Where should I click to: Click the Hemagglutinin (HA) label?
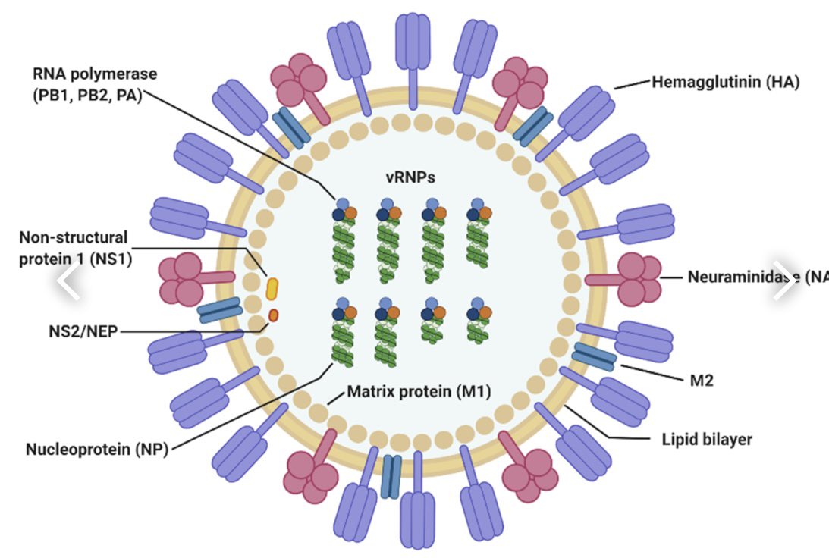coord(725,82)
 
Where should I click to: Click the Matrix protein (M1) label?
coord(419,392)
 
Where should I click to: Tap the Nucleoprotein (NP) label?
coord(96,449)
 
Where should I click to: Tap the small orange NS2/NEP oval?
coord(274,314)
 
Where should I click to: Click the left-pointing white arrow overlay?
coord(68,282)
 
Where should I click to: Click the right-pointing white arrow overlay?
coord(785,282)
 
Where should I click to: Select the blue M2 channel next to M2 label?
coord(593,356)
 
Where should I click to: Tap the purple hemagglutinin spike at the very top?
coord(413,42)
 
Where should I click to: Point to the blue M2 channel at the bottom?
coord(391,477)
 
